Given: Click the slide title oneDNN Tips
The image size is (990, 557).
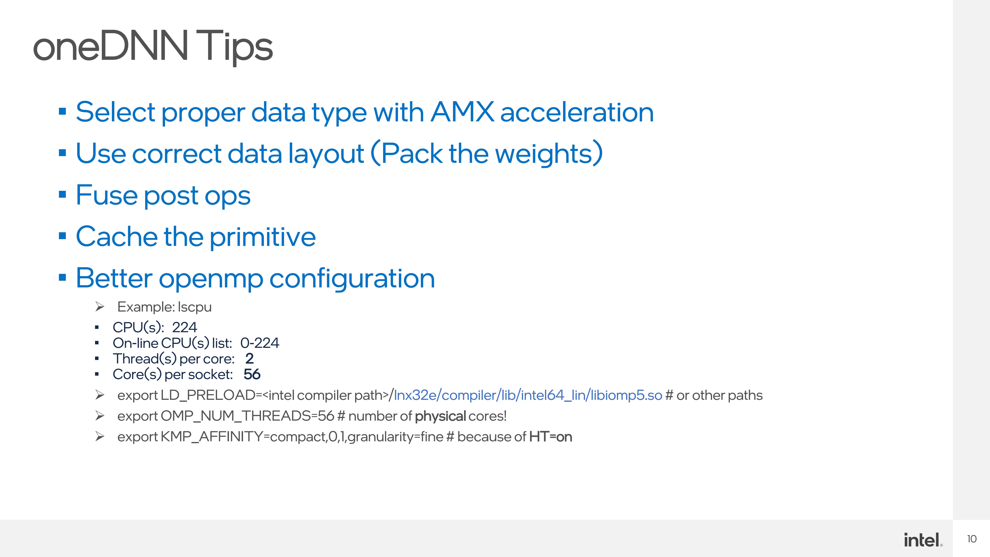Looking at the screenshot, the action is (x=153, y=47).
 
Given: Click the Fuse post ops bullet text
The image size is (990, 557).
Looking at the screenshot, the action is (x=163, y=195).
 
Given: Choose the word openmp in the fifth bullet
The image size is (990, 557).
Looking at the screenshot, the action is (x=211, y=278).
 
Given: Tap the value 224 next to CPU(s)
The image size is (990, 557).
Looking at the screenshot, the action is (x=184, y=327).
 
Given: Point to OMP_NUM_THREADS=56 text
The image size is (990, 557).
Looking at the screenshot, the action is (x=247, y=416).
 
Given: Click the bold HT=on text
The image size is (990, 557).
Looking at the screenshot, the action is (x=550, y=437).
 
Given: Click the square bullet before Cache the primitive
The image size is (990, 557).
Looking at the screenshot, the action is (x=62, y=236).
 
